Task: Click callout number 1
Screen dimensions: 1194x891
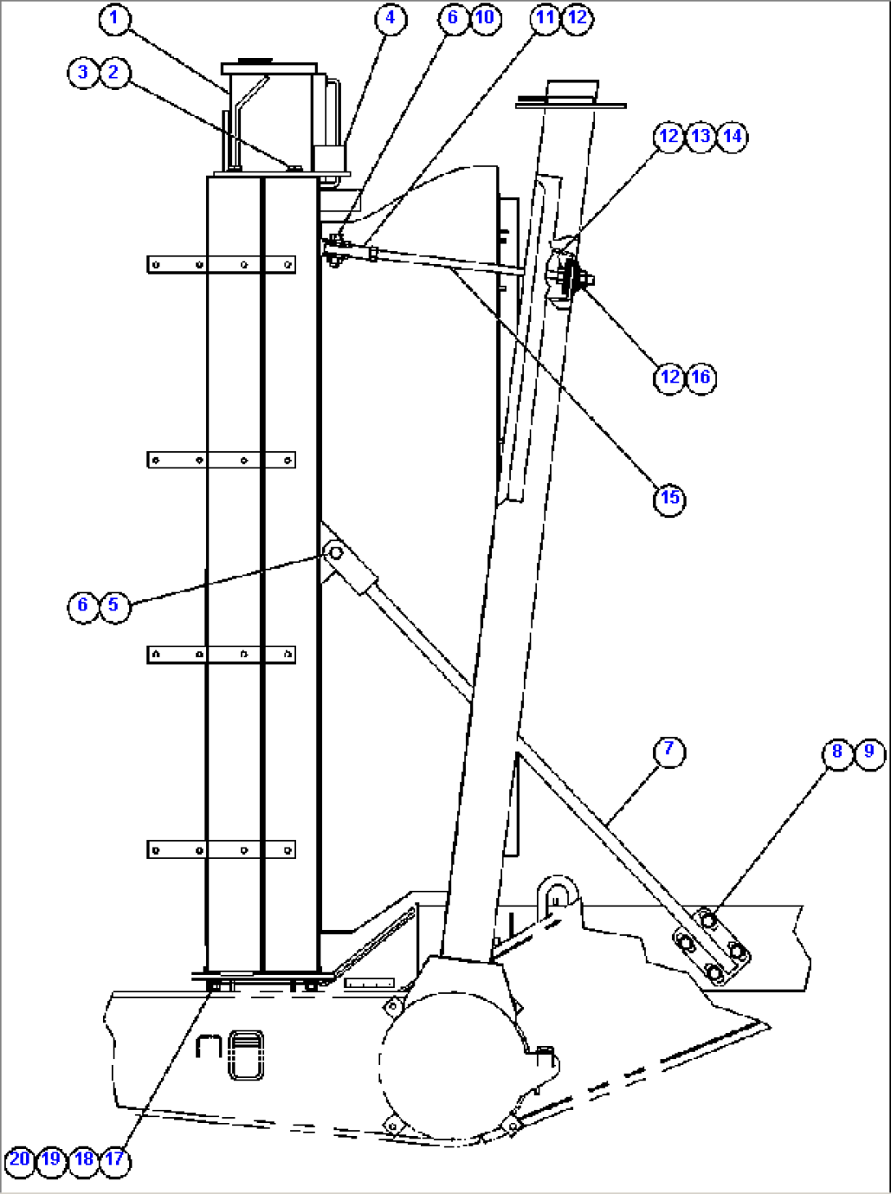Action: click(x=114, y=18)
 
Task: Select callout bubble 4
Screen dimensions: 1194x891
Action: click(x=390, y=18)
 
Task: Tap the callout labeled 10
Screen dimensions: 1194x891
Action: click(x=485, y=18)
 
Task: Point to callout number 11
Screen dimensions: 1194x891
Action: click(x=545, y=18)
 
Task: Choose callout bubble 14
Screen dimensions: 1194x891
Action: click(x=732, y=136)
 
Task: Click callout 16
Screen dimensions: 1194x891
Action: click(x=701, y=378)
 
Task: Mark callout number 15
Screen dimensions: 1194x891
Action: click(x=669, y=498)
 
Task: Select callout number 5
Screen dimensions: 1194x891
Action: click(x=114, y=606)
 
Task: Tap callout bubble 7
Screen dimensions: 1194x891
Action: click(x=669, y=749)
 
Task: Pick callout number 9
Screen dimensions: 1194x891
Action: click(x=869, y=752)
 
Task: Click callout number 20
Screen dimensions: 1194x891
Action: click(x=20, y=1159)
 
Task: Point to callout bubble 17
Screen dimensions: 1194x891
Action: click(x=114, y=1159)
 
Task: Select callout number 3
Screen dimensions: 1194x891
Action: click(x=83, y=73)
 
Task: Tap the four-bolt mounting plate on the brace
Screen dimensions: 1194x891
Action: click(x=711, y=947)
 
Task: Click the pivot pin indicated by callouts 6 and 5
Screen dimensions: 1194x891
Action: click(x=335, y=553)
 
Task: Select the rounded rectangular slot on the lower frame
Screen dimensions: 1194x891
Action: click(x=245, y=1055)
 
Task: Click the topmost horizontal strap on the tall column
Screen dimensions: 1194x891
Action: click(x=222, y=265)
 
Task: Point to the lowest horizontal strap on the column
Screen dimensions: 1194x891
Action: click(x=222, y=851)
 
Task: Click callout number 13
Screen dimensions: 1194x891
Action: click(x=701, y=136)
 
